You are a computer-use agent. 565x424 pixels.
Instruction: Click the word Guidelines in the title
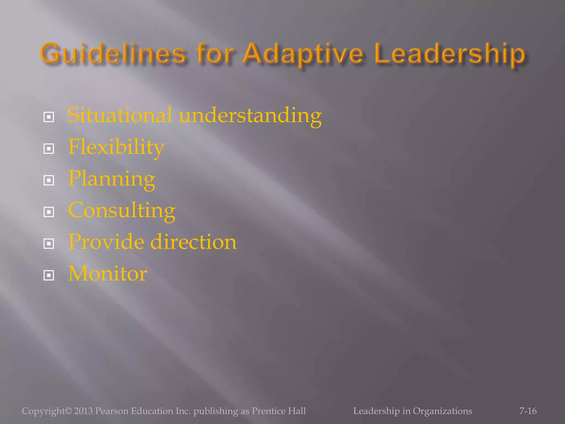tap(113, 54)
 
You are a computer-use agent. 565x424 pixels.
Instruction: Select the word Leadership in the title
tap(450, 54)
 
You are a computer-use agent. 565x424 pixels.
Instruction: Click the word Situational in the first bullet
tap(120, 115)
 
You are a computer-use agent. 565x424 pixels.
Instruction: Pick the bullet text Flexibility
tap(116, 147)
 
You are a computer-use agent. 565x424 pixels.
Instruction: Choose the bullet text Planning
tap(111, 179)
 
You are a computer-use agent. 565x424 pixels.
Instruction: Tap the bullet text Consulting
tap(122, 210)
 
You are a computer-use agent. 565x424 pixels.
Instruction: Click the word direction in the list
tap(193, 242)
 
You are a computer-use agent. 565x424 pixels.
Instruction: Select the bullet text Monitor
tap(108, 274)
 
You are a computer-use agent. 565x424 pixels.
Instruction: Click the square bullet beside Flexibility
tap(49, 149)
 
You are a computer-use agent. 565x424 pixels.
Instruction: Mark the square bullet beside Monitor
tap(49, 275)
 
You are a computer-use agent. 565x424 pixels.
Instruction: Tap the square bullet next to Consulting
tap(49, 212)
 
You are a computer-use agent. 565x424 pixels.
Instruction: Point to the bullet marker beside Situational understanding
tap(49, 117)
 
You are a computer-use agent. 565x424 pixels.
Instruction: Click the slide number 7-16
tap(528, 411)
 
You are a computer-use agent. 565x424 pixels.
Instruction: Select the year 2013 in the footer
tap(83, 411)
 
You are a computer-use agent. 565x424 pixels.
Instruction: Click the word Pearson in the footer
tap(112, 411)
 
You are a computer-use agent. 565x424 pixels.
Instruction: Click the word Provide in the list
tap(106, 242)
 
